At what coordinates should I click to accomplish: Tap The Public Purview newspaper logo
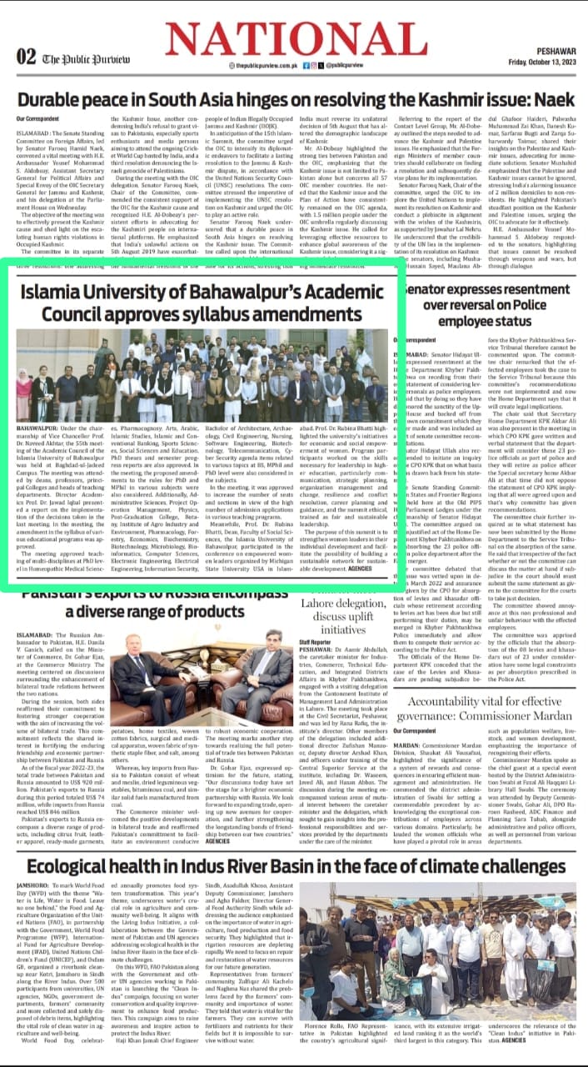[x=83, y=58]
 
